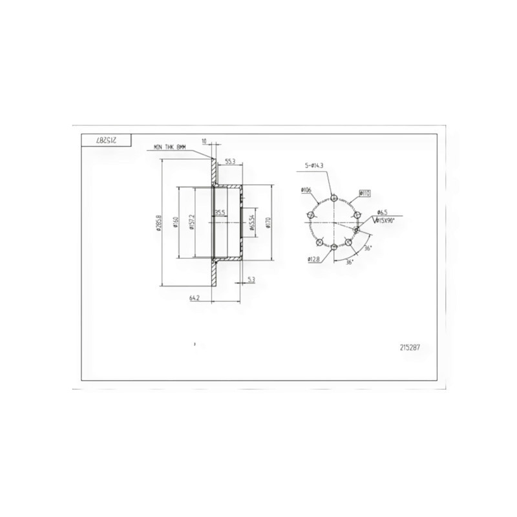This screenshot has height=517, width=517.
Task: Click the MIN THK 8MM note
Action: pos(170,147)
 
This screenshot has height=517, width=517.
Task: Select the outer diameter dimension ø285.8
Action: pos(159,222)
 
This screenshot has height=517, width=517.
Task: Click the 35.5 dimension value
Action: pos(220,212)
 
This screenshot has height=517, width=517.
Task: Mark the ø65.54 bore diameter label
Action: pos(251,220)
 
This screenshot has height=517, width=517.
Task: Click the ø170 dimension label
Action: pos(268,221)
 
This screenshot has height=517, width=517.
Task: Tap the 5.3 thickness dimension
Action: pos(251,279)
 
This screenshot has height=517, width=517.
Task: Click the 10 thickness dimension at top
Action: pos(204,140)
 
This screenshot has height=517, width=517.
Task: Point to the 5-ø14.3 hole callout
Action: pos(315,167)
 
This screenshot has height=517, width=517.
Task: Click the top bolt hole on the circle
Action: pos(333,198)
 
